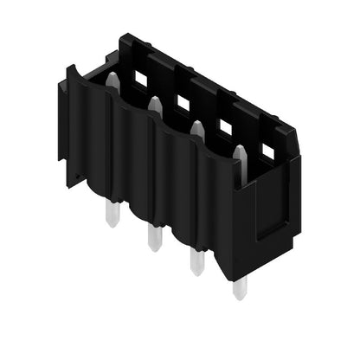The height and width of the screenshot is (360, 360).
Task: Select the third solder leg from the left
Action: [x=196, y=258]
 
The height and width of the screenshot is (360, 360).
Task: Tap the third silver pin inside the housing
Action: [x=197, y=131]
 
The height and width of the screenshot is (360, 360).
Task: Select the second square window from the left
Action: [x=183, y=103]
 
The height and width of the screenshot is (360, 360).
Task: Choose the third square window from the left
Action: [x=226, y=128]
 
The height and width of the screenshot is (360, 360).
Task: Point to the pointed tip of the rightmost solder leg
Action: [x=238, y=297]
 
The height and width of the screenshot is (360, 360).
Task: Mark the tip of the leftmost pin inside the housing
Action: [x=112, y=75]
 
